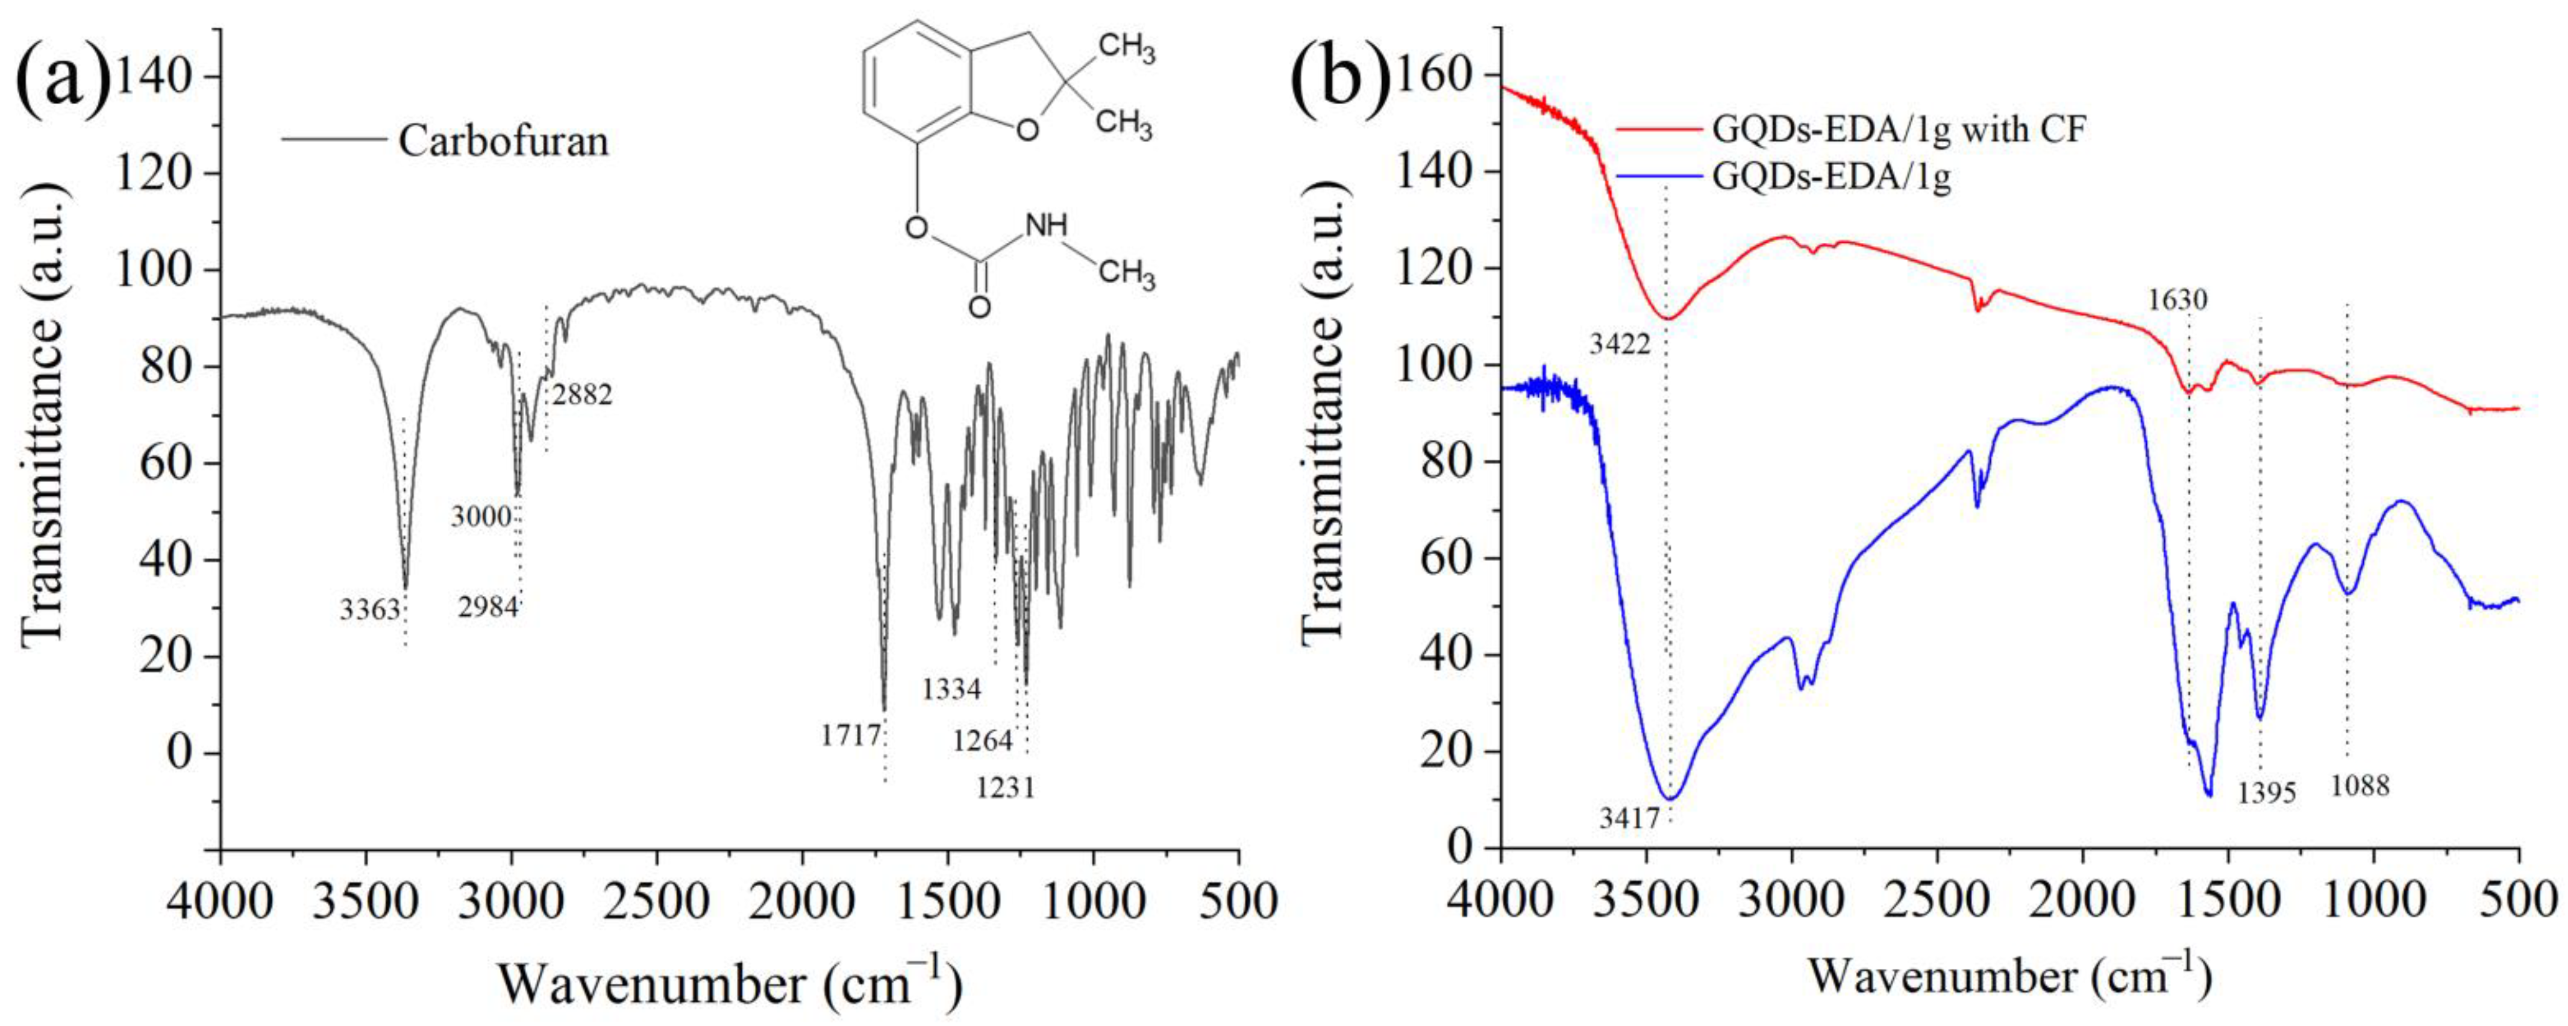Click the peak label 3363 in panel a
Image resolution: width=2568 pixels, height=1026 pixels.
pos(370,609)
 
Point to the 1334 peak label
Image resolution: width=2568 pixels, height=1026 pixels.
pos(952,688)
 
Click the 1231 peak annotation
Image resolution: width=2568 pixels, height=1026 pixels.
pos(1006,787)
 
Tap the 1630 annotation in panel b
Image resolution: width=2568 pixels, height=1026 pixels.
pos(2178,299)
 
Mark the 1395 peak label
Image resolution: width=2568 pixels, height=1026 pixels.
pos(2266,793)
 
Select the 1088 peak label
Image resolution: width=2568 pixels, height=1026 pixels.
pos(2361,786)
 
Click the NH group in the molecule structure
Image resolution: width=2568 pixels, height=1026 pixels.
pos(1046,225)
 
